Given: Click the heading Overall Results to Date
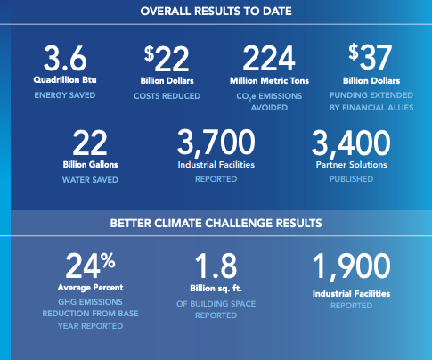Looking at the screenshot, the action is point(216,12).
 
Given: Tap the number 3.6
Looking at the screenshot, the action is point(65,58).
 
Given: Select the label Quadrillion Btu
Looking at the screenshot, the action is point(65,80).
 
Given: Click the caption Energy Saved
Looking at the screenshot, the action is point(65,95).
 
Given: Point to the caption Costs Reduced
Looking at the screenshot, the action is point(167,96).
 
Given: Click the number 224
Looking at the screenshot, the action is point(269,58).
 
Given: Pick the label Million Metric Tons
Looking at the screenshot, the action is point(269,81).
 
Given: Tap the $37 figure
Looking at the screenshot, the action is point(371,56).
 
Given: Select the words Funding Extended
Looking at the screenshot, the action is point(371,95).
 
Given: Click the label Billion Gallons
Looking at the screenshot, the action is point(90,165).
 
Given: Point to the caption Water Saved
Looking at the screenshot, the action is point(90,180).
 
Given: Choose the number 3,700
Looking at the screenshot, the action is point(216,143).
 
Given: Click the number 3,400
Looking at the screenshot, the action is point(351,143).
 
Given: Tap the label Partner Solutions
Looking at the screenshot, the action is point(352,165).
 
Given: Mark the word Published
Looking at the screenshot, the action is point(352,179).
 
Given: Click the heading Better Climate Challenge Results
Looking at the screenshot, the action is point(216,224).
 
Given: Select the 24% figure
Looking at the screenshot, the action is point(90,266).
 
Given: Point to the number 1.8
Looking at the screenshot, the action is point(216,266).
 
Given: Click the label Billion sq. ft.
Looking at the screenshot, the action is point(216,289).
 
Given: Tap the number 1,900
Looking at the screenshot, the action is point(351,266).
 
